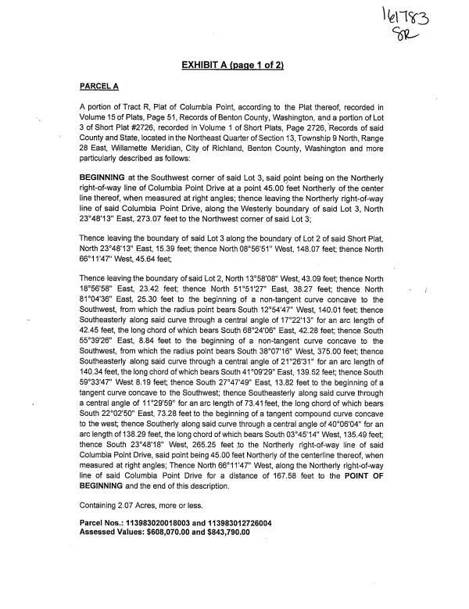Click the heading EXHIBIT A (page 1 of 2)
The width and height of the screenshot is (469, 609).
pos(234,64)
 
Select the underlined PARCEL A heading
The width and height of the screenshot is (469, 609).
pos(99,84)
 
